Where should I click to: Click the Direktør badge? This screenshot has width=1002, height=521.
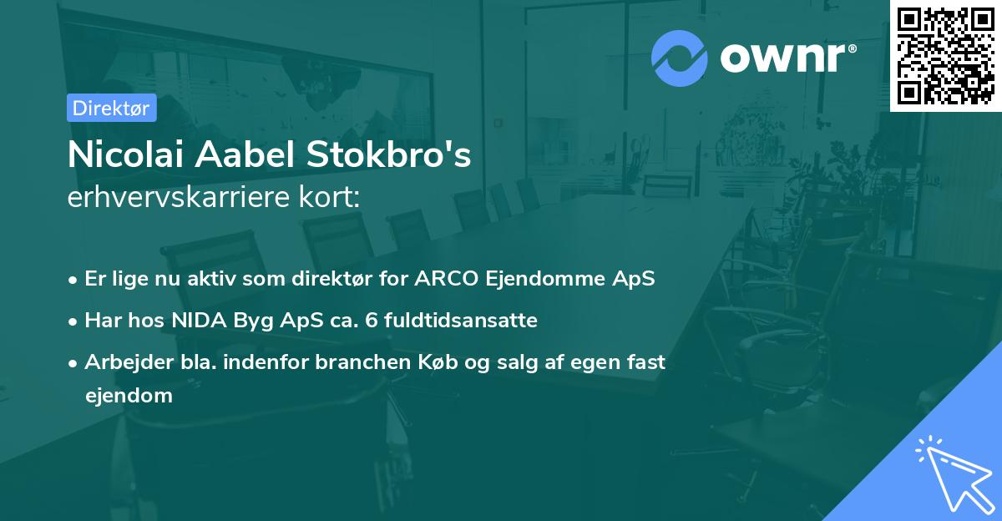pyautogui.click(x=111, y=108)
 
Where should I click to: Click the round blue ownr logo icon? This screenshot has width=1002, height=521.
pyautogui.click(x=680, y=58)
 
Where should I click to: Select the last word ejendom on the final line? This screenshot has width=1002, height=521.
pyautogui.click(x=129, y=396)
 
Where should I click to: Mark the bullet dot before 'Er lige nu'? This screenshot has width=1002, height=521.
pyautogui.click(x=73, y=280)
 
